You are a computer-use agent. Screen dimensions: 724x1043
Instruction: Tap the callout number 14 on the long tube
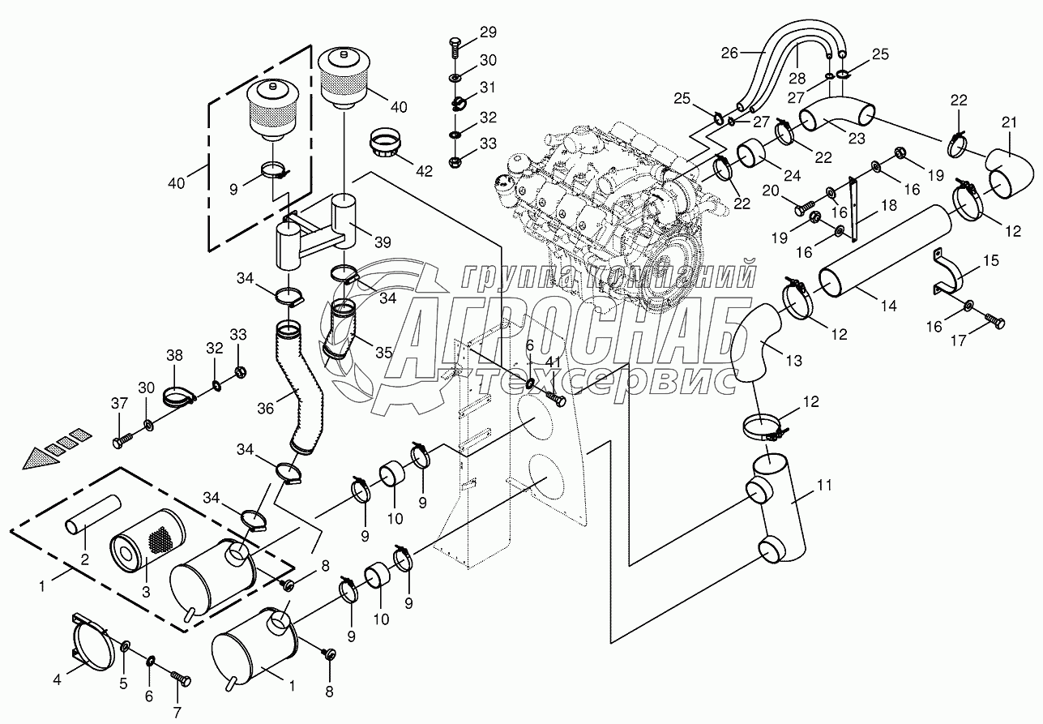pyautogui.click(x=888, y=306)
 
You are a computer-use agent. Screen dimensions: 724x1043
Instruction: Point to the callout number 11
pyautogui.click(x=823, y=486)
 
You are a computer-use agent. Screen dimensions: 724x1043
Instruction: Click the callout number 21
pyautogui.click(x=1008, y=122)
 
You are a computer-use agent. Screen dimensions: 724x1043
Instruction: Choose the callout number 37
pyautogui.click(x=119, y=405)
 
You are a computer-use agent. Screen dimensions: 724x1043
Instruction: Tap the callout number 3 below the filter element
pyautogui.click(x=146, y=592)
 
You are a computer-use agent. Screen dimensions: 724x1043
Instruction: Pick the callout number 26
pyautogui.click(x=729, y=54)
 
